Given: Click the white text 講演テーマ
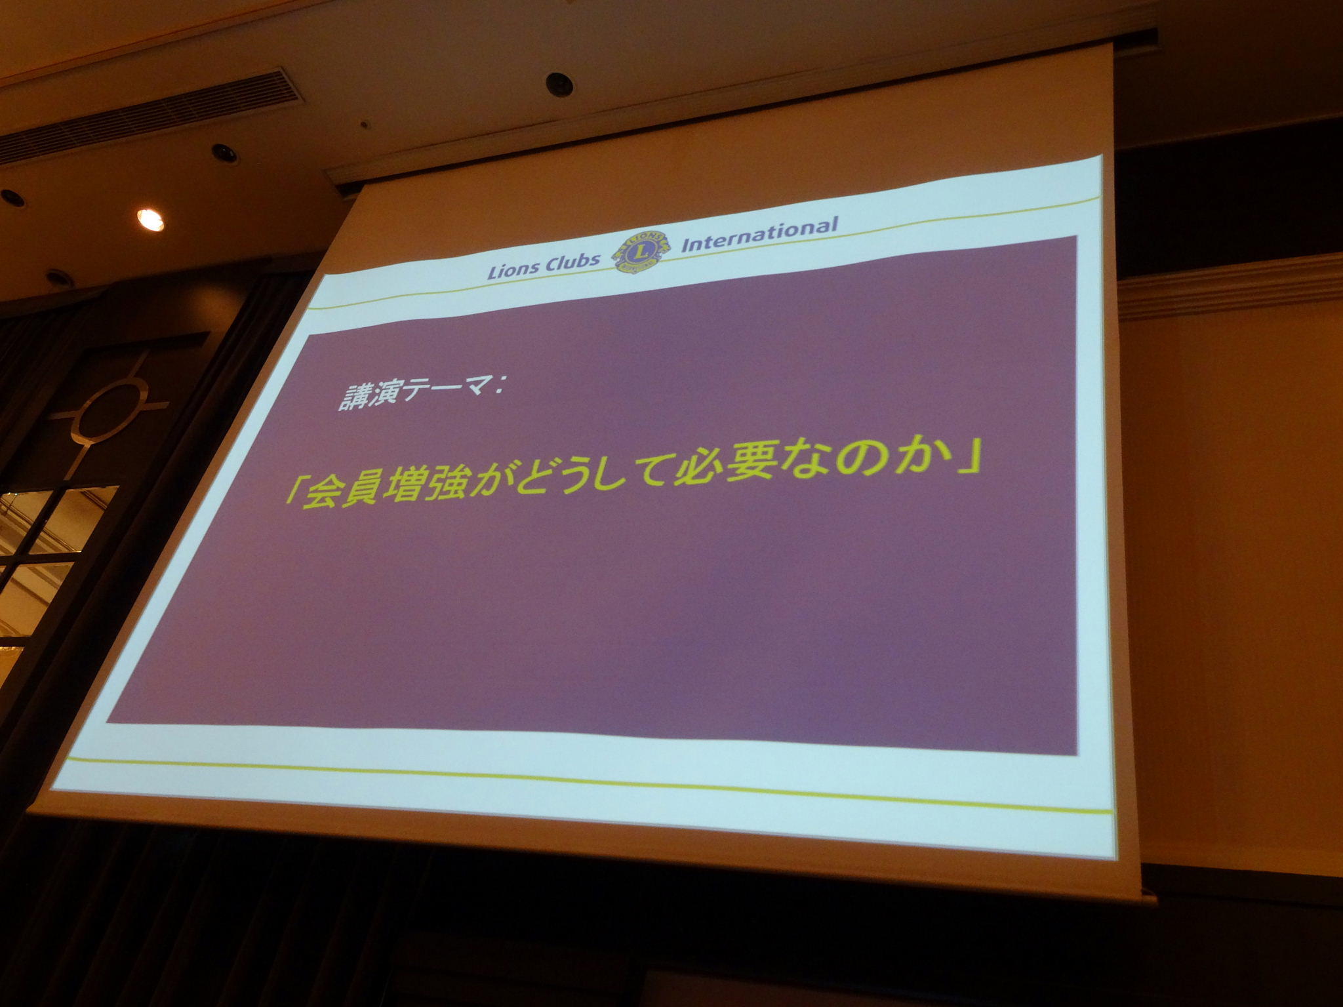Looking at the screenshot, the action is [415, 395].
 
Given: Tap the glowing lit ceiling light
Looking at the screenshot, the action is [151, 220].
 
